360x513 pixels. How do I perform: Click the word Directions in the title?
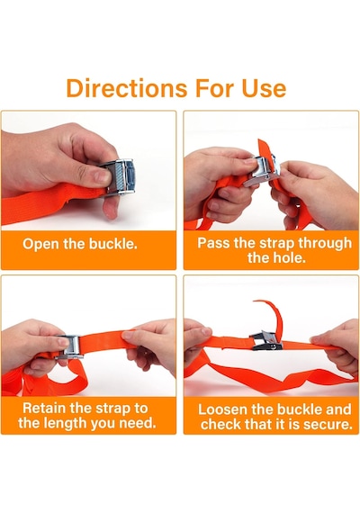point(127,87)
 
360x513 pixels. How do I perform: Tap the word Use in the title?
point(264,87)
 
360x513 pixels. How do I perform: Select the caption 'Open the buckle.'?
point(80,244)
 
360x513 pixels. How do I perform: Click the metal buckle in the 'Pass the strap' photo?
point(262,171)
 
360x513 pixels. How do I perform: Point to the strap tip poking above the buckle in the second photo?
point(264,148)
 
